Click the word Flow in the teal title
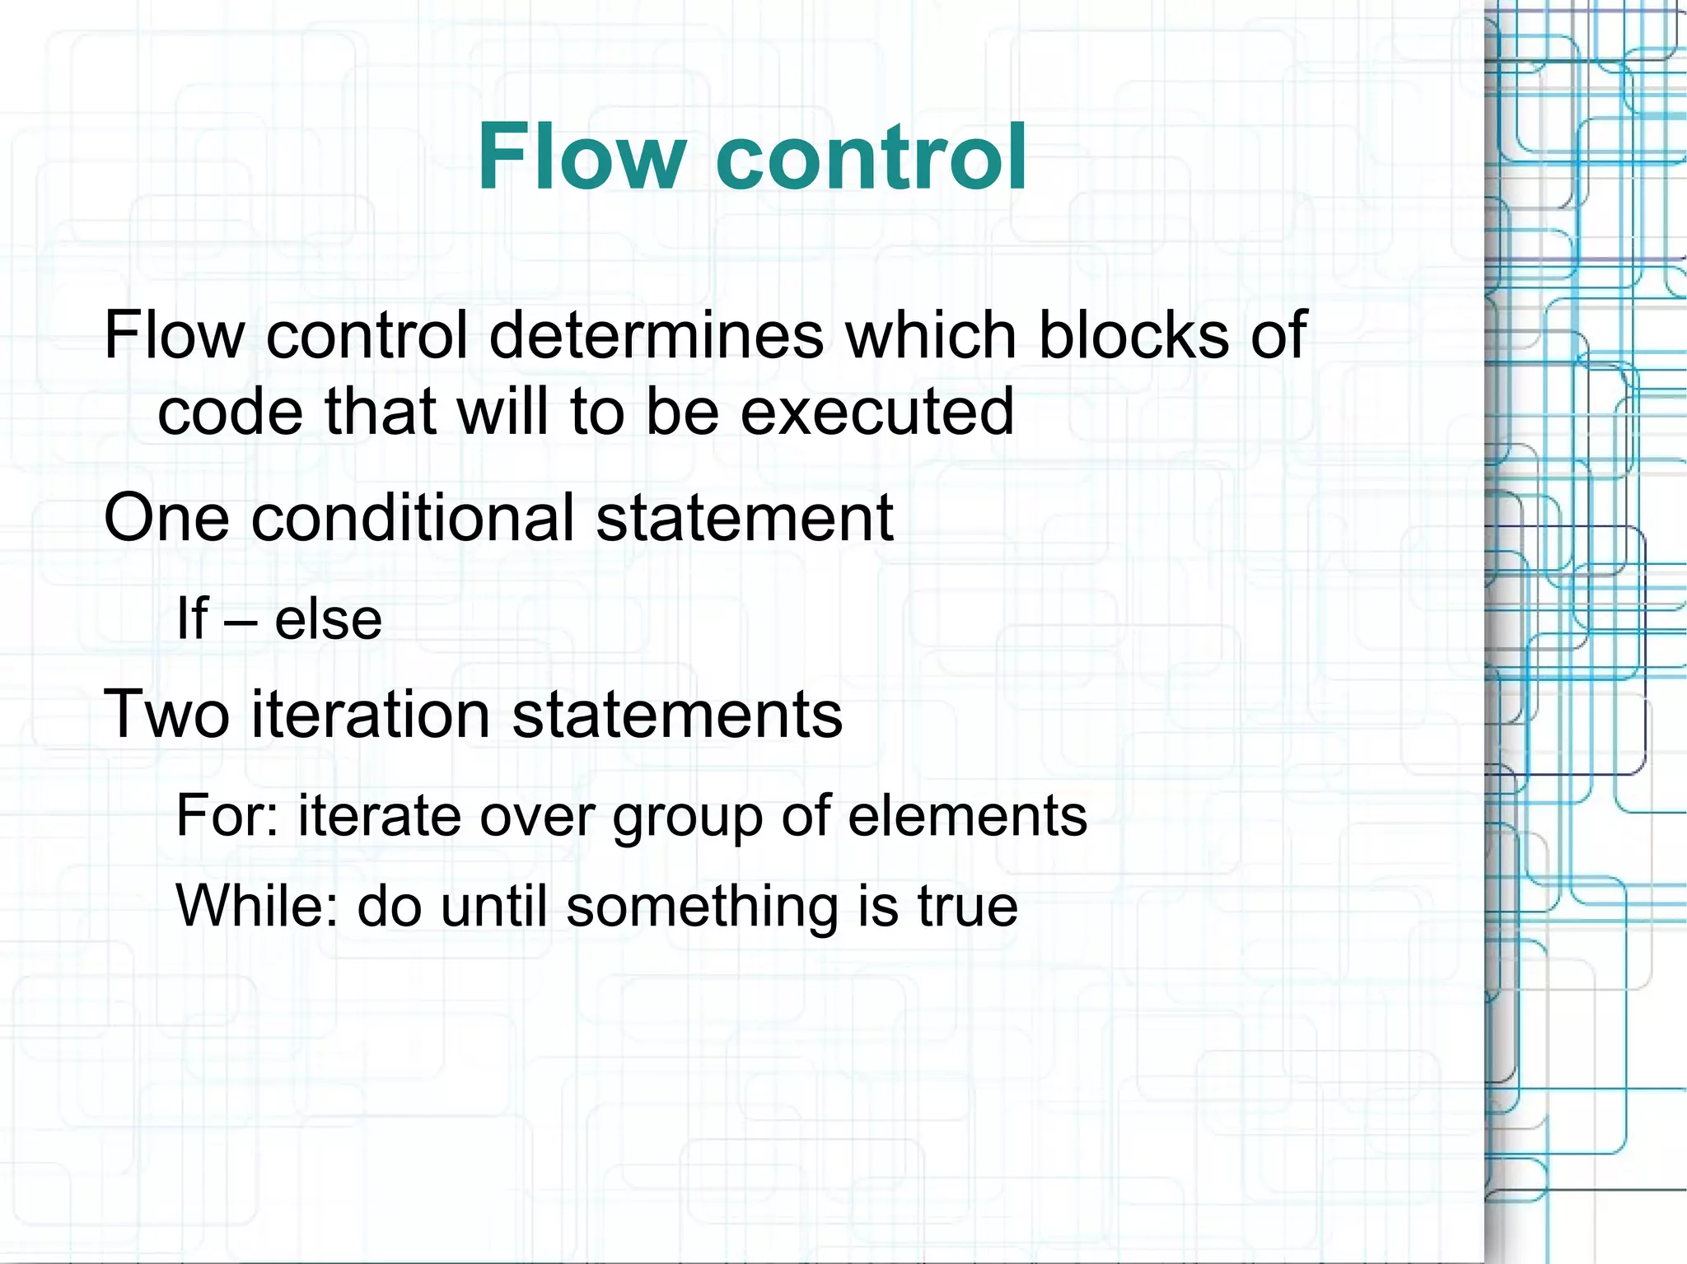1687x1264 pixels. [x=581, y=156]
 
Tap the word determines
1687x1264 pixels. [x=657, y=335]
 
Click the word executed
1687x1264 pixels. [x=876, y=411]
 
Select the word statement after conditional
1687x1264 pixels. [x=744, y=518]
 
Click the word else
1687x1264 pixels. [x=328, y=619]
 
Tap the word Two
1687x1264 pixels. [x=166, y=714]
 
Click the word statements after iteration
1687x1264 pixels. [x=677, y=714]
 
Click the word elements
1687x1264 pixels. [x=967, y=815]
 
